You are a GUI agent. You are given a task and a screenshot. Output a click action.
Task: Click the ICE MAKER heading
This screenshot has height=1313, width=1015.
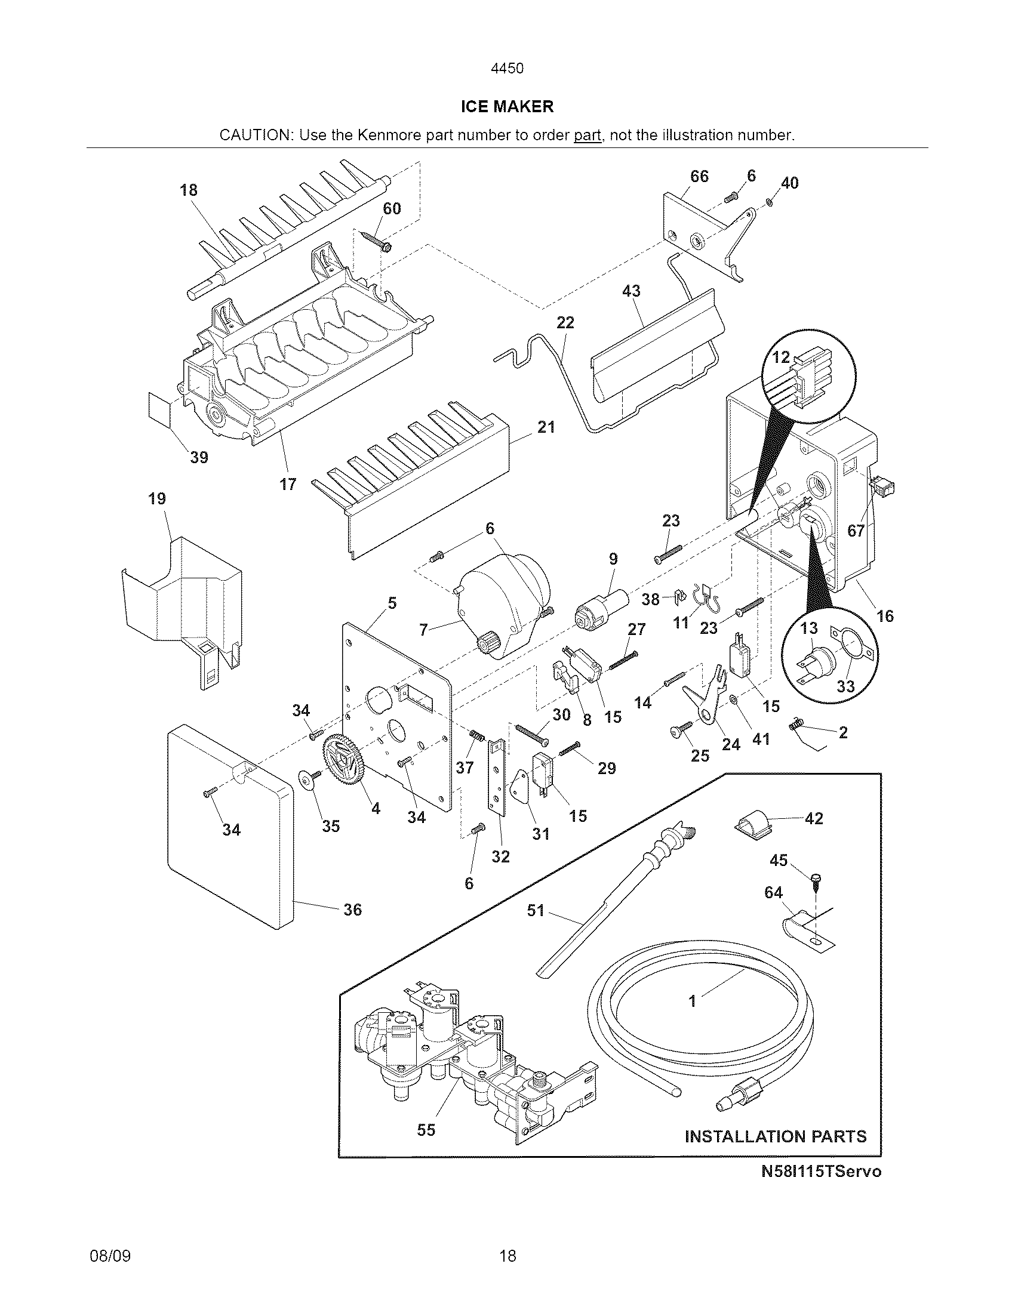(507, 107)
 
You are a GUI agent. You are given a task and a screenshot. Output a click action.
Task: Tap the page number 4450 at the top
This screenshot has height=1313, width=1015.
(507, 69)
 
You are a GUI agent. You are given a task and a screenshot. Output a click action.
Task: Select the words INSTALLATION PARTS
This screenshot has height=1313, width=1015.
(776, 1137)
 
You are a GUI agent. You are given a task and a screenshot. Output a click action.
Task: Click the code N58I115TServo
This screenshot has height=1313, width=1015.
(821, 1172)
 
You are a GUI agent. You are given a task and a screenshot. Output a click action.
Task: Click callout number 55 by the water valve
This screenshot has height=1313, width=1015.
(426, 1130)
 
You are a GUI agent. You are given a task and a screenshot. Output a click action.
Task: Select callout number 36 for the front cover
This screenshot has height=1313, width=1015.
(352, 910)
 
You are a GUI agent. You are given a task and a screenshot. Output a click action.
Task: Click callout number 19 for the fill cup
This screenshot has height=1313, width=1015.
(157, 498)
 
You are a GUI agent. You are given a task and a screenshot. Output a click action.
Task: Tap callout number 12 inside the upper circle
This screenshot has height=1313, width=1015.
(780, 357)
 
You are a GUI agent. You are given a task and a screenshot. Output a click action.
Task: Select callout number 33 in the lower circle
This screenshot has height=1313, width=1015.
(845, 686)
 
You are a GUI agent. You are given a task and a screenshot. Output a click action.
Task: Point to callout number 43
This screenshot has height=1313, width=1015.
(630, 291)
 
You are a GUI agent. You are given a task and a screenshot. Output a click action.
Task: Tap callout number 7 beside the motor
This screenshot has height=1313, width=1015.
(423, 630)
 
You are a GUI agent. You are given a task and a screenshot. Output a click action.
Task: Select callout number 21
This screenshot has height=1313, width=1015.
(545, 427)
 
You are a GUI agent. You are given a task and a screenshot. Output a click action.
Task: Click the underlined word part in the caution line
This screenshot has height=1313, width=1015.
(587, 135)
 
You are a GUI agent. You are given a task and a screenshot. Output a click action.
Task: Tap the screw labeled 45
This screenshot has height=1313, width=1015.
(816, 884)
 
